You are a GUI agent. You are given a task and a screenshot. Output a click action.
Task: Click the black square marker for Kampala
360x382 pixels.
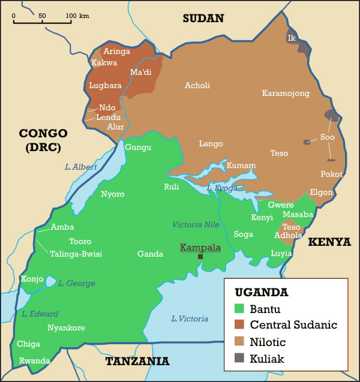200,257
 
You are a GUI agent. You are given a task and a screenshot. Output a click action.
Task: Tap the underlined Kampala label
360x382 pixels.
200,247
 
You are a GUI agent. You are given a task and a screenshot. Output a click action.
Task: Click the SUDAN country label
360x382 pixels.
203,19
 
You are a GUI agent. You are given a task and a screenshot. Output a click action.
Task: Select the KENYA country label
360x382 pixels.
329,242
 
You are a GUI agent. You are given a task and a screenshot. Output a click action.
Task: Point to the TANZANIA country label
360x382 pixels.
137,361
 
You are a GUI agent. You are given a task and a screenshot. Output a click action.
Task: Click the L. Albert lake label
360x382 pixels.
81,167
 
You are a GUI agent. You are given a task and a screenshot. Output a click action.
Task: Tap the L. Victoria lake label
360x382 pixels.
190,318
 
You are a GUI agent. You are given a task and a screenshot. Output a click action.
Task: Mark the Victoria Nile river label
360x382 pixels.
196,224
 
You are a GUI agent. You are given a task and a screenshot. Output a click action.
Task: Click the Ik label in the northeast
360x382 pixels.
292,38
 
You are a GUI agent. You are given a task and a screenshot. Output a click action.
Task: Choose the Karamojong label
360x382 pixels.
286,93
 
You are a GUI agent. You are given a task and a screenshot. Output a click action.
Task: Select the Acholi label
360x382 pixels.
197,85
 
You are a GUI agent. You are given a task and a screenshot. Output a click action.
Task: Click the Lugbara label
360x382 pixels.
105,85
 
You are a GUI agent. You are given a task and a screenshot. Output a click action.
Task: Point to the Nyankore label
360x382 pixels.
66,328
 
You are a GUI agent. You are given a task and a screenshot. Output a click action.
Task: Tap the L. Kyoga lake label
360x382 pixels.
222,188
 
